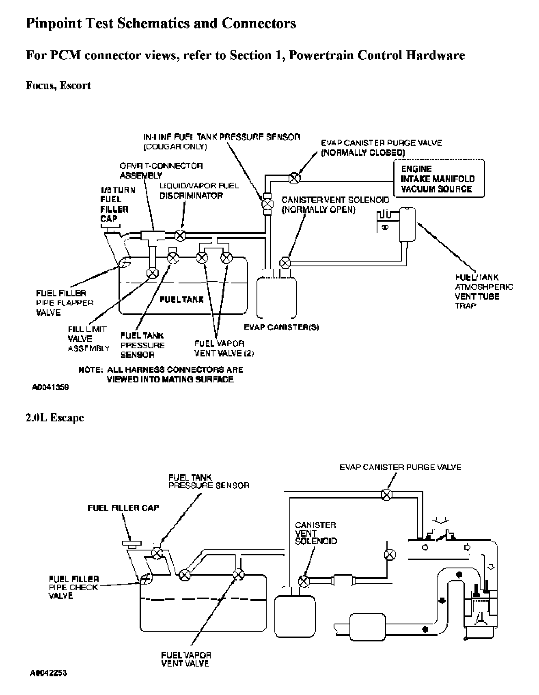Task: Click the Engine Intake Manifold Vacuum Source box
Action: point(439,179)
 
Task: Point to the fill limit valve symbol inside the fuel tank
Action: point(153,274)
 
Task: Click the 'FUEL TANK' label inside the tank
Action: point(181,300)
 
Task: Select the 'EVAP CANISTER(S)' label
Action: point(281,327)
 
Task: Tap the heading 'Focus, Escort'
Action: point(58,86)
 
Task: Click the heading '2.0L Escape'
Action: point(55,418)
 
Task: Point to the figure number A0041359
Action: point(50,387)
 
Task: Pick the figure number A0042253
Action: point(49,673)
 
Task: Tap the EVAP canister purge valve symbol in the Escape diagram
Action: point(387,494)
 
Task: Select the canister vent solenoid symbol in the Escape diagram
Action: point(304,581)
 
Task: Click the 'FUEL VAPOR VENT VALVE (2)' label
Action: point(224,348)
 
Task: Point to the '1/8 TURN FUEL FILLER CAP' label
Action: point(114,204)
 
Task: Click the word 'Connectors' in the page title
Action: point(259,24)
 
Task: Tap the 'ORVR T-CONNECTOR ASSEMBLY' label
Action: point(161,171)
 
